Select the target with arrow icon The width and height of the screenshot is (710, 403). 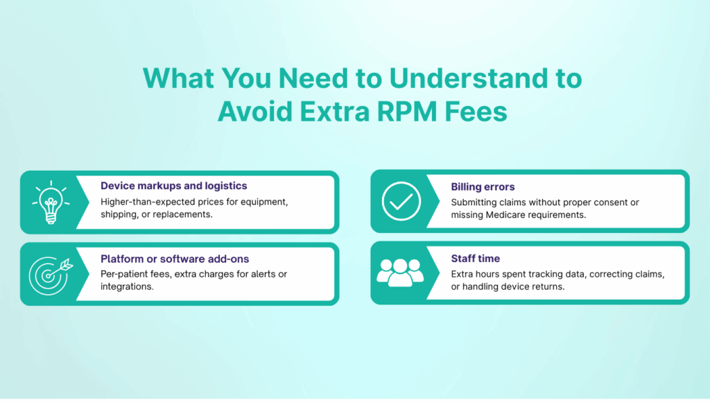(47, 273)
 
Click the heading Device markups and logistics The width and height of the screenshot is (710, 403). (173, 186)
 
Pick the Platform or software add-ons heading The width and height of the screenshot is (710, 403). (175, 259)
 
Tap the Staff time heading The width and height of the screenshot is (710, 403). (475, 259)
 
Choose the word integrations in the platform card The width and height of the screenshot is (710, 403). (126, 286)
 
